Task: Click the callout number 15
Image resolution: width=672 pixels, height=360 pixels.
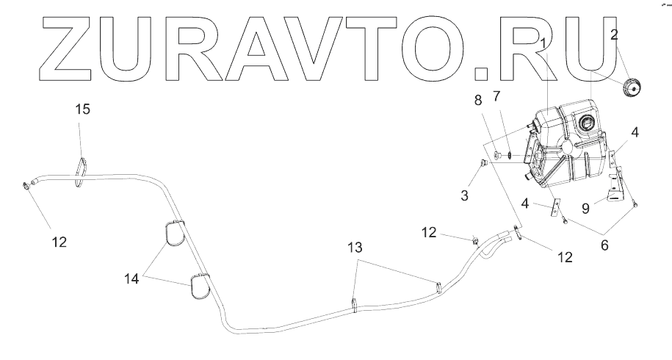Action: coord(84,109)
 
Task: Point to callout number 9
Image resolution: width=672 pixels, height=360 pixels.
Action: coord(586,208)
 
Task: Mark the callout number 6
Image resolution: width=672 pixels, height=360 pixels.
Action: coord(604,246)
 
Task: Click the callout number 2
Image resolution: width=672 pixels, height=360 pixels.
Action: coord(614,34)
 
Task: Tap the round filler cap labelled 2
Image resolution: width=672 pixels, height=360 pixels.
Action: coord(630,87)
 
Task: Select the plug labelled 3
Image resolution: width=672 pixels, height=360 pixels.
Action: coord(483,163)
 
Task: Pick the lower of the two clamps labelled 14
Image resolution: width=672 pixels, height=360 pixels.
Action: coord(200,287)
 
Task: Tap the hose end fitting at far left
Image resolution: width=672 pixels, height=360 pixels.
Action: coord(28,186)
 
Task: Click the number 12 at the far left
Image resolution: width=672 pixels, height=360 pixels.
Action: coord(60,241)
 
